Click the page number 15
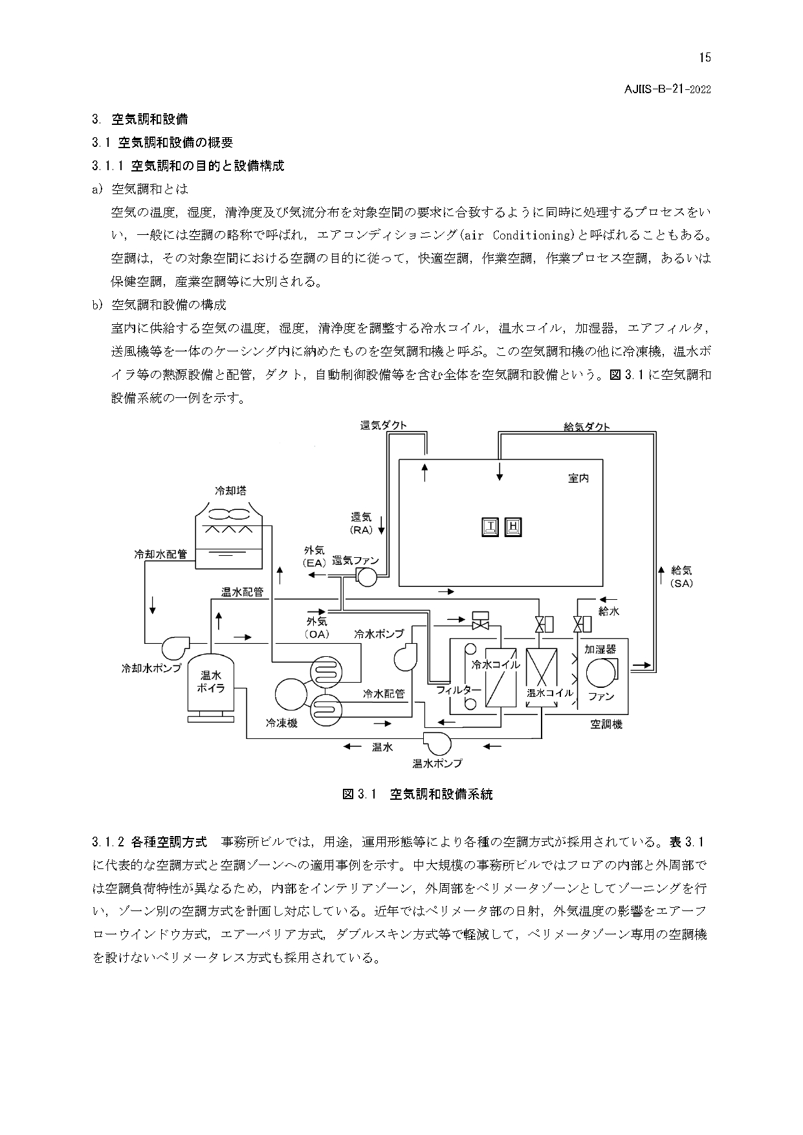(x=705, y=58)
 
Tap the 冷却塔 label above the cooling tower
(x=230, y=490)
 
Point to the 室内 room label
(x=578, y=478)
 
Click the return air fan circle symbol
(x=366, y=577)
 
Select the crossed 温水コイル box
(x=542, y=677)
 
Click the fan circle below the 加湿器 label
(x=600, y=673)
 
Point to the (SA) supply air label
(x=681, y=583)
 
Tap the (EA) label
(x=314, y=563)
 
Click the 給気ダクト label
(x=587, y=426)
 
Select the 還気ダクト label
(x=384, y=425)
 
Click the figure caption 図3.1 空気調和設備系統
(x=417, y=794)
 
